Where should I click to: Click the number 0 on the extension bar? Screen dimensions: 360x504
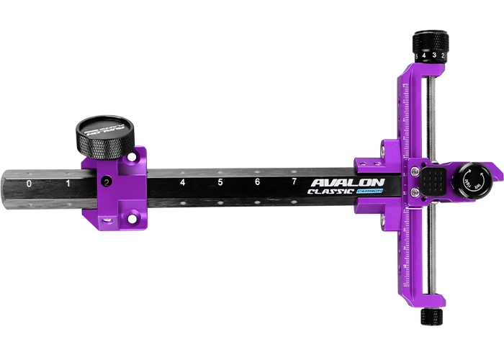(29, 184)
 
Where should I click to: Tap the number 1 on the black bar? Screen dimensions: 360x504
(68, 184)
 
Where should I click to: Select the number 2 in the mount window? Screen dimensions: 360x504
(107, 182)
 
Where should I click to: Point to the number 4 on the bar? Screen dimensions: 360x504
(182, 183)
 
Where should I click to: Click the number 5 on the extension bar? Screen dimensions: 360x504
(220, 183)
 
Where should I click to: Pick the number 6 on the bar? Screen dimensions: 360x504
(257, 183)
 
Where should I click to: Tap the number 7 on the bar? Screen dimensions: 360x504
(294, 182)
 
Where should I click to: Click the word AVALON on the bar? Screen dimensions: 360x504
(347, 183)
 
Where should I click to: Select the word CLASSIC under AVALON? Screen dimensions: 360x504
(330, 192)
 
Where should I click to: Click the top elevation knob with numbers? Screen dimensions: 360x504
(430, 45)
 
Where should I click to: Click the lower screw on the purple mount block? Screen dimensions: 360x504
(132, 217)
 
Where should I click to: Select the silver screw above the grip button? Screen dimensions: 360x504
(415, 171)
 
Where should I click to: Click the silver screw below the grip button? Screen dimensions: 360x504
(415, 193)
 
